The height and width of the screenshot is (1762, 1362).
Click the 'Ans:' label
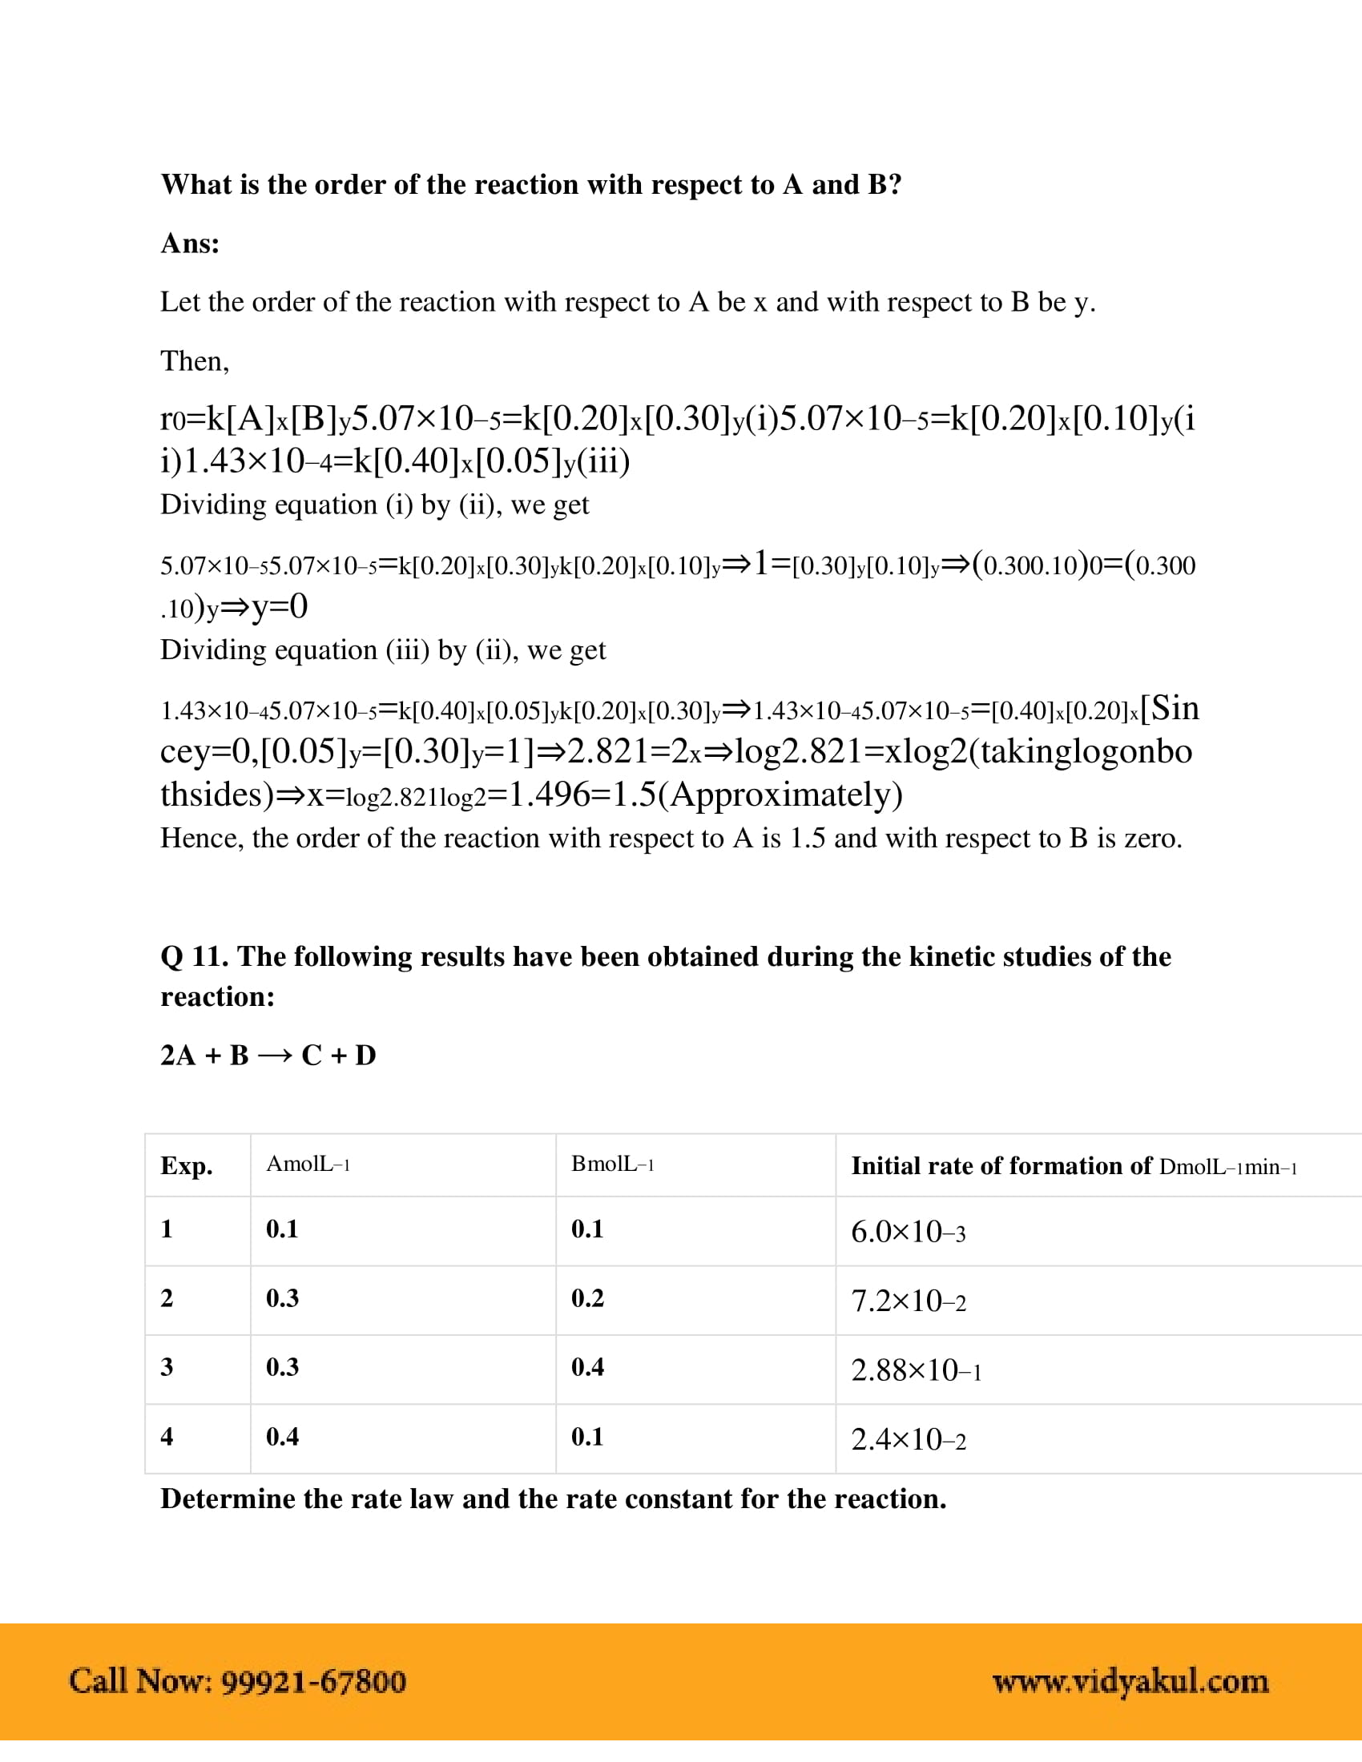(x=191, y=243)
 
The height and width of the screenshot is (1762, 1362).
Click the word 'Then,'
(x=195, y=361)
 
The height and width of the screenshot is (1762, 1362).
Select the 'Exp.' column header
(x=187, y=1167)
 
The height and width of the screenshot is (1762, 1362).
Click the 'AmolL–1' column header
(x=308, y=1165)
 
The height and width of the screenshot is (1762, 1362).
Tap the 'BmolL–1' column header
(x=612, y=1165)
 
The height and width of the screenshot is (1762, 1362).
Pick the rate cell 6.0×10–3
(x=908, y=1232)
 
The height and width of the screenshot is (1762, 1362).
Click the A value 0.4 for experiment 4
(x=282, y=1437)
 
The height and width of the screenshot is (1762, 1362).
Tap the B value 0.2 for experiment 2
(x=587, y=1298)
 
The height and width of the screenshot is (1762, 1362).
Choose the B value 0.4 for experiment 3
(x=587, y=1367)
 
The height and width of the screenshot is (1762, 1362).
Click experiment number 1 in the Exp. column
(x=167, y=1229)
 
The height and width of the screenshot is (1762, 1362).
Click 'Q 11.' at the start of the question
(x=195, y=957)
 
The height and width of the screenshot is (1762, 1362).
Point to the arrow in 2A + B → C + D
(x=275, y=1056)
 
